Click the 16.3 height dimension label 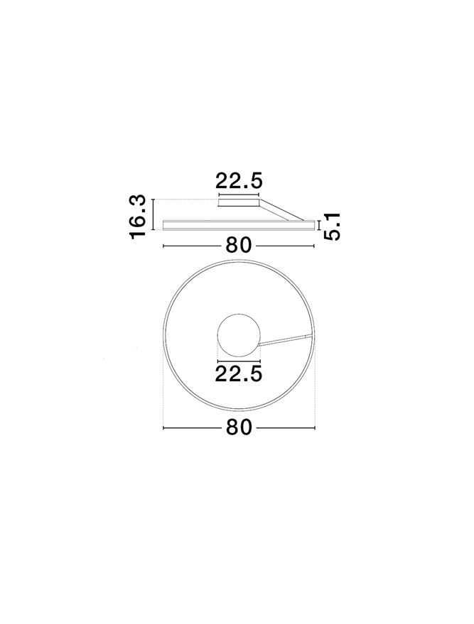coord(138,217)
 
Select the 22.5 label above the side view coord(239,181)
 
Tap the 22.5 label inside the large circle coord(239,373)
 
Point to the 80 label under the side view coord(239,246)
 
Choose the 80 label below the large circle coord(239,427)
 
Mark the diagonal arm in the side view coord(281,210)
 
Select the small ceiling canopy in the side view coord(239,203)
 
